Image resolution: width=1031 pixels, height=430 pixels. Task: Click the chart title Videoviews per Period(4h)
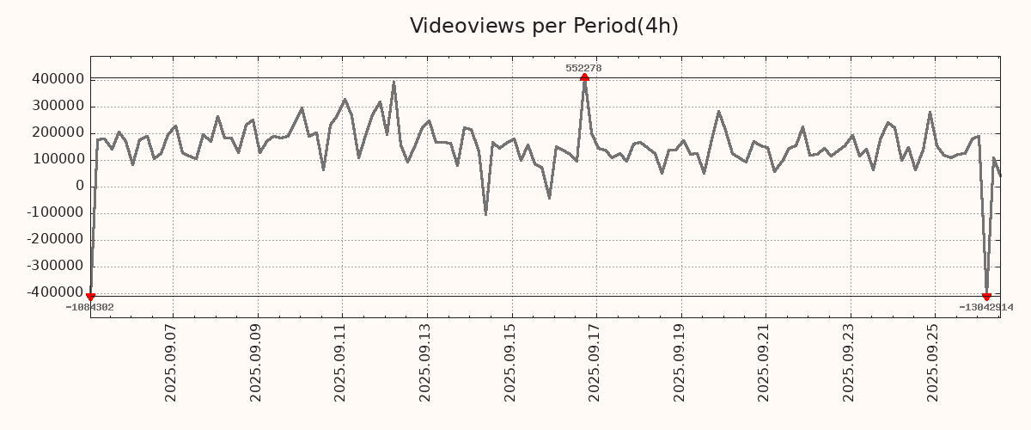tap(544, 26)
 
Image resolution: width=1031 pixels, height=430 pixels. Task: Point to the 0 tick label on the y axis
tap(79, 186)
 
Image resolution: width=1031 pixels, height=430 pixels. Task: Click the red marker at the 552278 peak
tap(584, 78)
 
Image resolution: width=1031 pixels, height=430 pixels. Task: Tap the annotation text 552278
tap(583, 68)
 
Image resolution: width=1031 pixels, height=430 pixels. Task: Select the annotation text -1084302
tap(89, 307)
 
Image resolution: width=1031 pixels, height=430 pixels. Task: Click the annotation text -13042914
tap(986, 307)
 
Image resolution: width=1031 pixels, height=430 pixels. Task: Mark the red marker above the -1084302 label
tap(90, 297)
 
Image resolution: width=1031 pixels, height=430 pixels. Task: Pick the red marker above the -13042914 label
tap(986, 297)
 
